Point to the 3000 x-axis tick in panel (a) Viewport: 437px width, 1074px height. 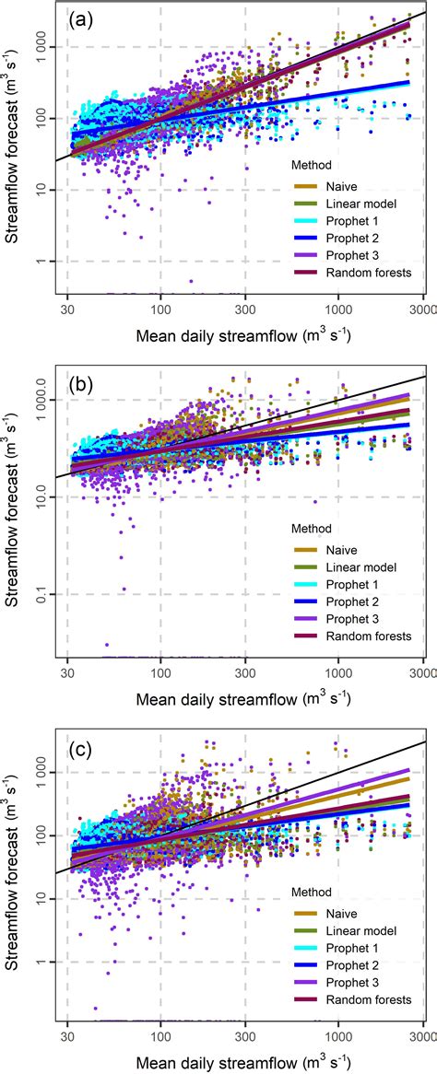[x=422, y=310]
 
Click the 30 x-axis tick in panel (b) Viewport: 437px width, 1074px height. [x=68, y=672]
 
